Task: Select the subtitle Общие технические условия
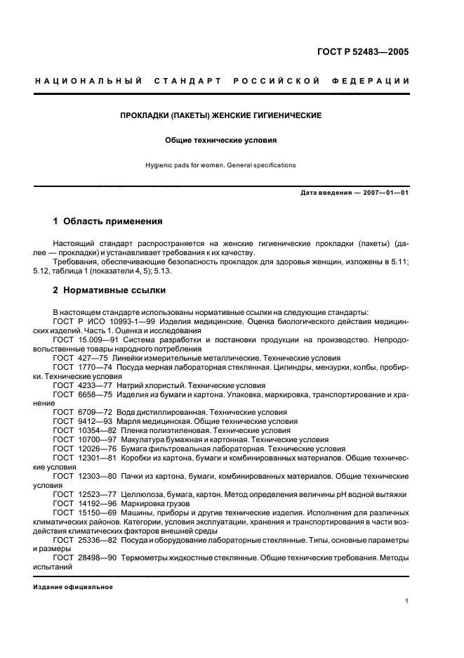[x=221, y=140]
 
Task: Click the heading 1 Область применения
[x=107, y=221]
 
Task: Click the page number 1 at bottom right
[x=407, y=601]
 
